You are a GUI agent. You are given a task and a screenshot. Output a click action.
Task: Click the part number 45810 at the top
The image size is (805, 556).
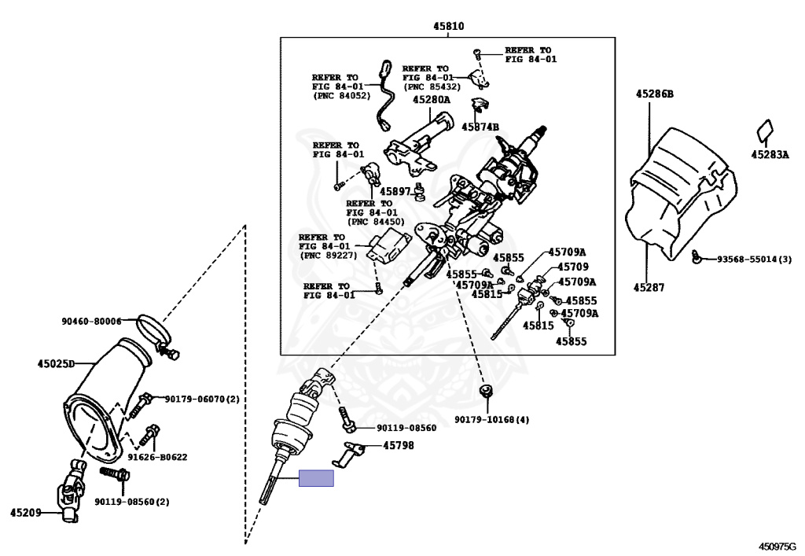click(x=448, y=26)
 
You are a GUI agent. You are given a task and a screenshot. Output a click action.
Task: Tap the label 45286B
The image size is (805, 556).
click(x=655, y=94)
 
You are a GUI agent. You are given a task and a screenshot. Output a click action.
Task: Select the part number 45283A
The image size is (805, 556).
click(x=770, y=154)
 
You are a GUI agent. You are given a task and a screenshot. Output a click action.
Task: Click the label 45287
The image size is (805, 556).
click(x=649, y=288)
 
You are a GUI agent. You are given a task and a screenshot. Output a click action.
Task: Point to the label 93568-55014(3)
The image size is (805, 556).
click(x=754, y=260)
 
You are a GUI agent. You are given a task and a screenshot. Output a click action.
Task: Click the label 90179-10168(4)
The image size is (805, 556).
click(x=491, y=419)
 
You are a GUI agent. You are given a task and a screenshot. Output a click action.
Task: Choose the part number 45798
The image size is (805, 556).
click(x=399, y=446)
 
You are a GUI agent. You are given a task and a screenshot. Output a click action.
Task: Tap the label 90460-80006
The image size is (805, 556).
click(x=91, y=322)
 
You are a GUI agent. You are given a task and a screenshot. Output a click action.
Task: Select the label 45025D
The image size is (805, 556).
click(x=56, y=364)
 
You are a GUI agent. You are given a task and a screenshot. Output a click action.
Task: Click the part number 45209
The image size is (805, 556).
click(x=26, y=513)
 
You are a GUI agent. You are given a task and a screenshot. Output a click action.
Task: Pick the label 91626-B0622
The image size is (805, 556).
click(x=157, y=457)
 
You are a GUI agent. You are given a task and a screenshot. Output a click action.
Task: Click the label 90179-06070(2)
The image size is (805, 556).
click(x=202, y=399)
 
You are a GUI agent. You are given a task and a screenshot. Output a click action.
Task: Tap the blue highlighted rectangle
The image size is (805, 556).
click(x=316, y=478)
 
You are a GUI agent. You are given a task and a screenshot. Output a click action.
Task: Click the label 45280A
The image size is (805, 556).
click(x=432, y=100)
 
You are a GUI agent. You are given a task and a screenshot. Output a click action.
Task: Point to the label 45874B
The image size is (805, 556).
click(x=480, y=127)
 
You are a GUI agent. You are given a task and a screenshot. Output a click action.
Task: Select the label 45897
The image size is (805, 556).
click(x=395, y=192)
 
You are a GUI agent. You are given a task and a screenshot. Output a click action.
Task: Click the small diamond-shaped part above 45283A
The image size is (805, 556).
click(x=764, y=131)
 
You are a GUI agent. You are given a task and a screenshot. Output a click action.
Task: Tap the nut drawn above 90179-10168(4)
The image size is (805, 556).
click(x=485, y=391)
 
